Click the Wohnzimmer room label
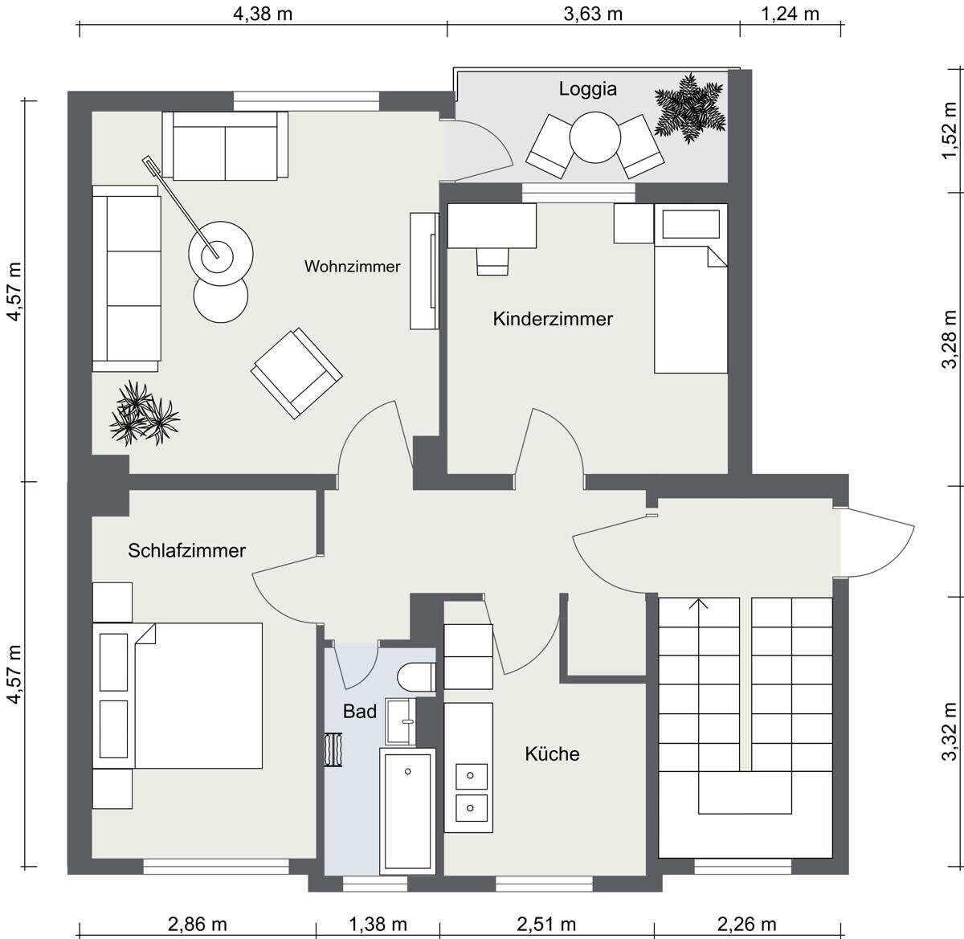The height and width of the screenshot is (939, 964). pos(352,267)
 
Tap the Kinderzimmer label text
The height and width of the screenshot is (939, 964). pos(553,319)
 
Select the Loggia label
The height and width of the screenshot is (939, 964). pos(587,89)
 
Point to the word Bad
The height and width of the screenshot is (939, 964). pos(360,712)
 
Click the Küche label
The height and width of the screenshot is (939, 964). pos(552,753)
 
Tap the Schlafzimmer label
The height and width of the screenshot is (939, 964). pos(186,551)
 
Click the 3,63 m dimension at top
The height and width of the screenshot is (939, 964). pos(593,14)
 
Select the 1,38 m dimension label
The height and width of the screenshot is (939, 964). pos(378,925)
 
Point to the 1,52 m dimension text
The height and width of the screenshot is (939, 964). pos(949,131)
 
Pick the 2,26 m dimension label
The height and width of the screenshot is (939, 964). pos(746,925)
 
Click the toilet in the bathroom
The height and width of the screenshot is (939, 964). pos(416,677)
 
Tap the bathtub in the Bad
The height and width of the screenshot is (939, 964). pos(407,812)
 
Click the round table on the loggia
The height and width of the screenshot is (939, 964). pos(594,137)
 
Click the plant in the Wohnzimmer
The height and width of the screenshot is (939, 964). pos(144,413)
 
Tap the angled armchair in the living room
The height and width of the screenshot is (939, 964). pos(296,374)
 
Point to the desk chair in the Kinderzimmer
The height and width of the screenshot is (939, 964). pos(492,262)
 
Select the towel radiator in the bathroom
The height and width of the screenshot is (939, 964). pos(333,749)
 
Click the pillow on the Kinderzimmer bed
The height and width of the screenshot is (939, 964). pos(691,224)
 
